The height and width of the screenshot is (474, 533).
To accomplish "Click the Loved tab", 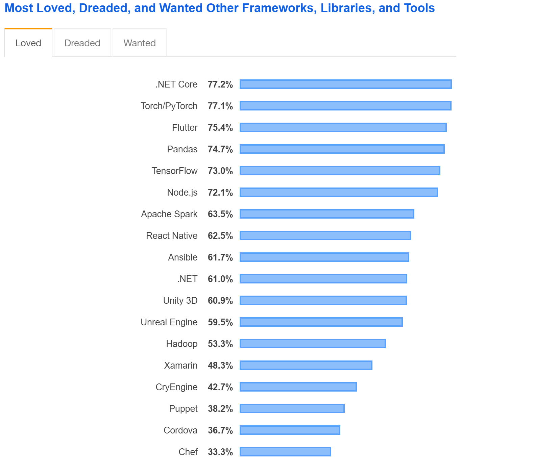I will coord(28,43).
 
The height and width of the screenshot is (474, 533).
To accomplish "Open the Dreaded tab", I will coord(82,43).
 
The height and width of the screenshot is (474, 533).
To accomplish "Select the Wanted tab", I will coord(139,43).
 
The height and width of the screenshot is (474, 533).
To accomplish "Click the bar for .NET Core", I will coord(345,84).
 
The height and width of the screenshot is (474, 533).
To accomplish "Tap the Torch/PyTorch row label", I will coord(169,106).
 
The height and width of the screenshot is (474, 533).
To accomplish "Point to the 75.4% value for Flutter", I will coord(220,128).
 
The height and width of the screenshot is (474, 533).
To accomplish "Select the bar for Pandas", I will coord(342,149).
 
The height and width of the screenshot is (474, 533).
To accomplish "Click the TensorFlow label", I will coord(174,171).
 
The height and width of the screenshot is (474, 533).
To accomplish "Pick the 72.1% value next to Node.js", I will coord(220,193).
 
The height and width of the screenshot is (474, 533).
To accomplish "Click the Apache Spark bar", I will coord(327,214).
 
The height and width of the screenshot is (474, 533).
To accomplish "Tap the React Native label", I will coord(172,236).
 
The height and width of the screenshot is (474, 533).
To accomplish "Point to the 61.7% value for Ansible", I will coord(220,257).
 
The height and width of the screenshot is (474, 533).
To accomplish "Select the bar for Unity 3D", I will coord(323,300).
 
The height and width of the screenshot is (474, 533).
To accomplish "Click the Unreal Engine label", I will coord(169,322).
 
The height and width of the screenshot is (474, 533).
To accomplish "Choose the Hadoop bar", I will coord(313,344).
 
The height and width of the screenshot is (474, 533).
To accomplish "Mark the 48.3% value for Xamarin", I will coord(220,366).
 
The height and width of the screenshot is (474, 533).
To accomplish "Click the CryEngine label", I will coord(176,387).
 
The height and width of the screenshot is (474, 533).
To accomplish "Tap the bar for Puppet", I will coord(292,408).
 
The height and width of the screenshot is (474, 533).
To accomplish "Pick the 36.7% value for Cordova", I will coord(220,430).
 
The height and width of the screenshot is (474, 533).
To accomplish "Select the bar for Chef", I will coord(285,452).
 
